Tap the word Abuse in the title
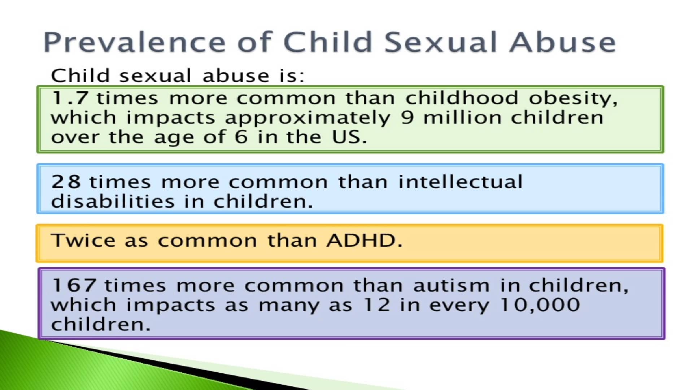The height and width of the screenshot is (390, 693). click(x=563, y=42)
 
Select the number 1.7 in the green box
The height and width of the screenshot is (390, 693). click(x=70, y=98)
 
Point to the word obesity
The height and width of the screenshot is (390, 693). click(x=573, y=99)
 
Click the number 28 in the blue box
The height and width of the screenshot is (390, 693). click(x=66, y=182)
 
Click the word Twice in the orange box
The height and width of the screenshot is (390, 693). click(x=83, y=240)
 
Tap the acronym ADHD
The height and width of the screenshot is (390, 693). click(x=364, y=240)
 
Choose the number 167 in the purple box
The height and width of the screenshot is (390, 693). click(x=74, y=285)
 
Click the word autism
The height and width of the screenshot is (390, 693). click(x=452, y=285)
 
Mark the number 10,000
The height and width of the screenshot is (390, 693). click(x=540, y=305)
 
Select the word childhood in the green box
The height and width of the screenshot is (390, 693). click(x=462, y=98)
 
